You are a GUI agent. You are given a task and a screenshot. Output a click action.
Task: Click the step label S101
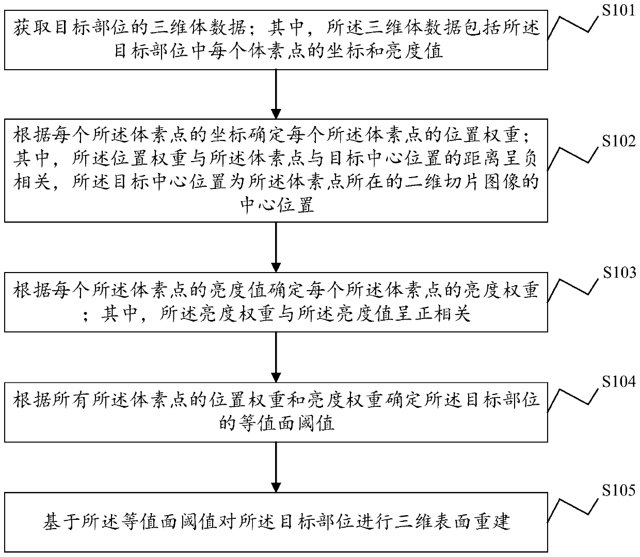618,11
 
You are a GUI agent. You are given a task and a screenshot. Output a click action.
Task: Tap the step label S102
618,141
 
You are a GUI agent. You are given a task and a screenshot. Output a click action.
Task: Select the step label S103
619,273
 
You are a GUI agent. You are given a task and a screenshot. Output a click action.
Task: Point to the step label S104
618,381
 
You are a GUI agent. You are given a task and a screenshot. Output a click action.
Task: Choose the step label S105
618,490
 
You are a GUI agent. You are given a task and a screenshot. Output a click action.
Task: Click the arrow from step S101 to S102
276,94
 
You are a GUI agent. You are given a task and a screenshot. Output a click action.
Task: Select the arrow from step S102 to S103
276,247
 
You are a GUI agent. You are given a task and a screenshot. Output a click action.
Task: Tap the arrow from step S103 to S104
276,357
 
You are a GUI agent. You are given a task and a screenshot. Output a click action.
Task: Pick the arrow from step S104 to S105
276,467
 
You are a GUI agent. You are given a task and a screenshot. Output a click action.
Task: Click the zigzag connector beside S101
573,26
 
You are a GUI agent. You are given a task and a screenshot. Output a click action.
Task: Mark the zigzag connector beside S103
573,289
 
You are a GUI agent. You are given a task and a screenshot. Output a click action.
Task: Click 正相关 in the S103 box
442,314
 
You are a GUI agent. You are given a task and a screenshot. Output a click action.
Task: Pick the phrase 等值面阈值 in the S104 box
277,424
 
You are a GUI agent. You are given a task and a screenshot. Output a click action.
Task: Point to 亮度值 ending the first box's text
415,51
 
